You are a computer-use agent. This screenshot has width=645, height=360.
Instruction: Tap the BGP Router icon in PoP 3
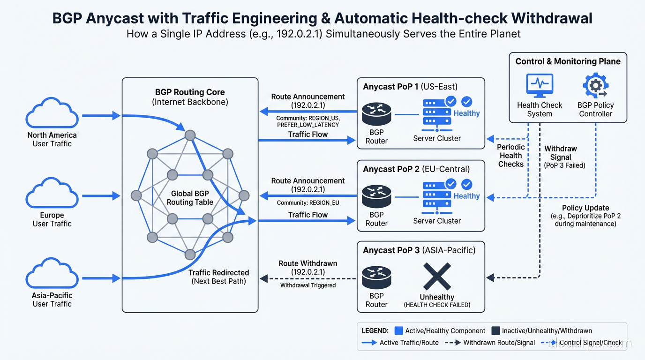pyautogui.click(x=376, y=276)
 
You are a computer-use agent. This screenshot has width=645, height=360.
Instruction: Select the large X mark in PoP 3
pyautogui.click(x=437, y=277)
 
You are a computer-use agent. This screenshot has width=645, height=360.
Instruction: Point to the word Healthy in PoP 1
pyautogui.click(x=466, y=113)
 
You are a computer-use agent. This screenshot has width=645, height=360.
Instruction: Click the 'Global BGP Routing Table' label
pyautogui.click(x=190, y=198)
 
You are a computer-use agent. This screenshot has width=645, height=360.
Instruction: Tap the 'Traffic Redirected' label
pyautogui.click(x=218, y=273)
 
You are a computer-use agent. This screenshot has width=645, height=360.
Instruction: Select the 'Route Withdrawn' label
pyautogui.click(x=307, y=263)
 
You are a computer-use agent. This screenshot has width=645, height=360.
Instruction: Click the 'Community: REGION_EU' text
pyautogui.click(x=307, y=203)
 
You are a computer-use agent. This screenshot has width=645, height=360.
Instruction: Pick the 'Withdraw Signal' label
pyautogui.click(x=561, y=153)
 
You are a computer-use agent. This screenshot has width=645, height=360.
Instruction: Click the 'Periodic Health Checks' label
pyautogui.click(x=510, y=156)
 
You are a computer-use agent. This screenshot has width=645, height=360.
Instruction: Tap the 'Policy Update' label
pyautogui.click(x=585, y=208)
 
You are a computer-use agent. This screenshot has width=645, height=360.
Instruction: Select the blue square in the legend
pyautogui.click(x=399, y=330)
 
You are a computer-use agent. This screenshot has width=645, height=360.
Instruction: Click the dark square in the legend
pyautogui.click(x=495, y=330)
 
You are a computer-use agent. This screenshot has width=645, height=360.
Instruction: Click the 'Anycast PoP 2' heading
pyautogui.click(x=391, y=169)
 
